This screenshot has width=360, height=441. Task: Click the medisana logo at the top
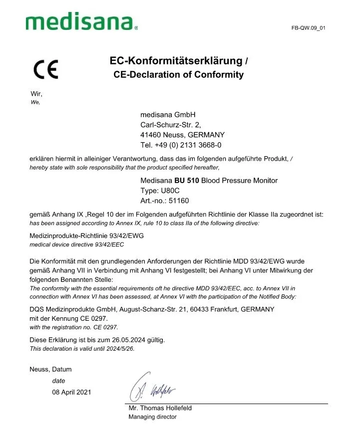[x=80, y=22]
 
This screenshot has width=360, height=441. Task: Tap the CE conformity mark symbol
[x=45, y=69]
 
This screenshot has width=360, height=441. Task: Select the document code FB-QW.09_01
[x=308, y=27]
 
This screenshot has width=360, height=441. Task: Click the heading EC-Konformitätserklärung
[x=175, y=61]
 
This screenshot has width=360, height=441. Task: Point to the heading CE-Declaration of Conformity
[x=179, y=75]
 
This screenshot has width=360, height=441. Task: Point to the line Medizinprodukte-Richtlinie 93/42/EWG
[x=86, y=235]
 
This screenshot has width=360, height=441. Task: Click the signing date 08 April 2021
[x=71, y=392]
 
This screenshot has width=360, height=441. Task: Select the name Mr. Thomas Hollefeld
[x=160, y=408]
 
